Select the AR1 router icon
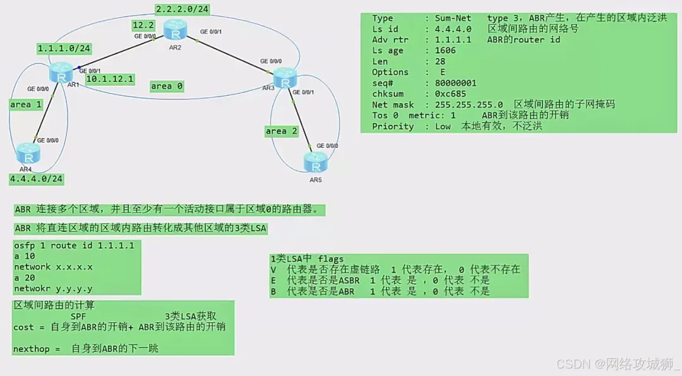coord(61,71)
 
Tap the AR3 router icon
coord(285,79)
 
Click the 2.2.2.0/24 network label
coord(182,9)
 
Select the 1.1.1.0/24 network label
coord(64,48)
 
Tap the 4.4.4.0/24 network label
coord(37,179)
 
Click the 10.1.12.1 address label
coord(109,79)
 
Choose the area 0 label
coord(167,86)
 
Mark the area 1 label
coord(26,104)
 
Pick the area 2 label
coord(281,131)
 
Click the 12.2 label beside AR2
coord(143,25)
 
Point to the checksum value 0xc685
coord(453,94)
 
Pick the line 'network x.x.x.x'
coord(53,267)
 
